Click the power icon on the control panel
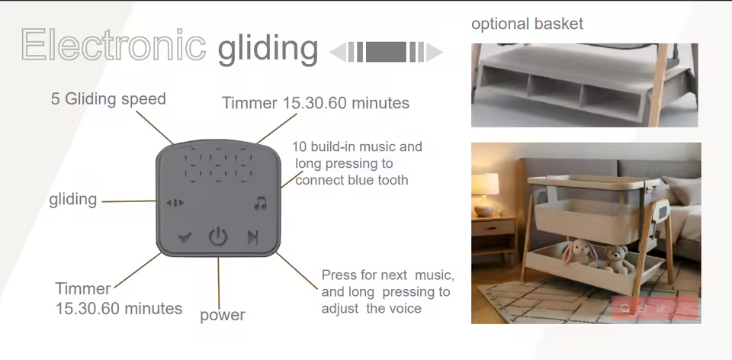click(218, 236)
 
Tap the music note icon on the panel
click(261, 203)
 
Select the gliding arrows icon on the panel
click(175, 203)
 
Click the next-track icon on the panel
click(252, 238)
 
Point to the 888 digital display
click(219, 166)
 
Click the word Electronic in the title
click(114, 44)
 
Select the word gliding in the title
click(268, 48)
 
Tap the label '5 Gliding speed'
click(108, 99)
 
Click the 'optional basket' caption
click(527, 24)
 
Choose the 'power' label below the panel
click(222, 315)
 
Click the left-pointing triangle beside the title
click(338, 53)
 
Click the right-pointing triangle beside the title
click(434, 53)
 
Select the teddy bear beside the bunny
click(615, 259)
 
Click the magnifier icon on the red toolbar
click(625, 308)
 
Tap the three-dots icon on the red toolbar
click(685, 308)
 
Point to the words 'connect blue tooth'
click(352, 180)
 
